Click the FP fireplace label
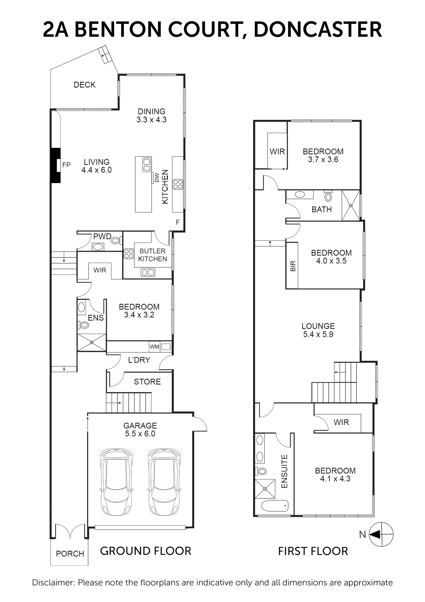tap(66, 165)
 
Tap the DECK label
tap(85, 85)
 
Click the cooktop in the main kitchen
tap(178, 184)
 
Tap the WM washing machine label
tap(154, 347)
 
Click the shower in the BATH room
tap(351, 206)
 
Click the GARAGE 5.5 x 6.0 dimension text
tap(140, 434)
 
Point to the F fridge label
tap(178, 222)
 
